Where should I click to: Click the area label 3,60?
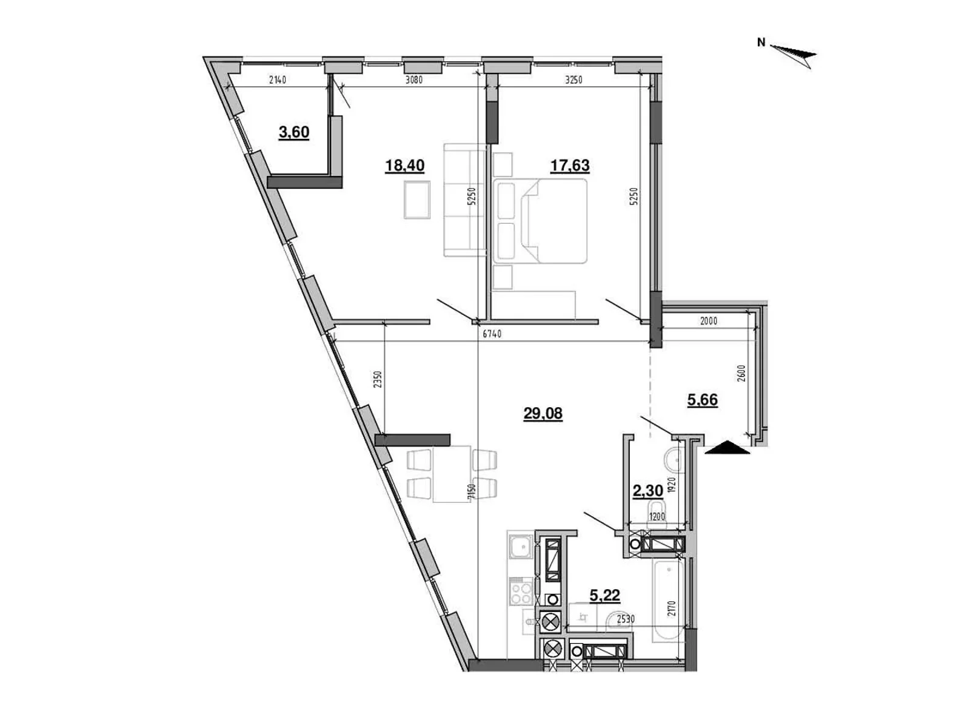pos(294,132)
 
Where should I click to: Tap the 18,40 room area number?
pos(404,165)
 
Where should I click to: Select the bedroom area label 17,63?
pos(570,165)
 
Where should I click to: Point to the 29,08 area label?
pos(543,414)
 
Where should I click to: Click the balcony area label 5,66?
pos(703,400)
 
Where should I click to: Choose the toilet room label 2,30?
pos(647,491)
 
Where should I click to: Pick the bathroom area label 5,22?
pos(605,595)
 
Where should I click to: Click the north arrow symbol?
pos(794,54)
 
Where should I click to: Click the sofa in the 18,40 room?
pos(465,200)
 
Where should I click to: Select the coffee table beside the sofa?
pos(417,200)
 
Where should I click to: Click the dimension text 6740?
pos(492,334)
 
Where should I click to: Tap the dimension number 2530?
pos(626,619)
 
